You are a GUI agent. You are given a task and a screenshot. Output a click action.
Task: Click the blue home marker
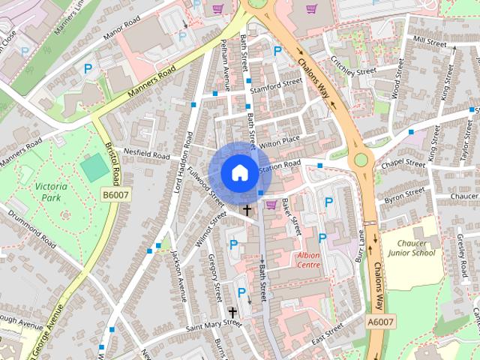point(238,172)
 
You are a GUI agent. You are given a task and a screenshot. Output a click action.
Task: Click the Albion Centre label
point(304,260)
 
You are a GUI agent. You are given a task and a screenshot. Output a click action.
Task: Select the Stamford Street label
point(276,85)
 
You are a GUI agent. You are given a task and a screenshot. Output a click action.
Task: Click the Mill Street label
point(430,40)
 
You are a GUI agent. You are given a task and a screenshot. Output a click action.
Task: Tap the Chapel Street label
point(403,163)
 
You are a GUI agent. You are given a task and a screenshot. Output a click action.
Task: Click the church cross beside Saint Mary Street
point(232,312)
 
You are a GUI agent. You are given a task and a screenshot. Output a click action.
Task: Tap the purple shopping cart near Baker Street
point(271,205)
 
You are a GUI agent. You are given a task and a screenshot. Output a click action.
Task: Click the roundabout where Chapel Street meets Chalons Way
point(363,159)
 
